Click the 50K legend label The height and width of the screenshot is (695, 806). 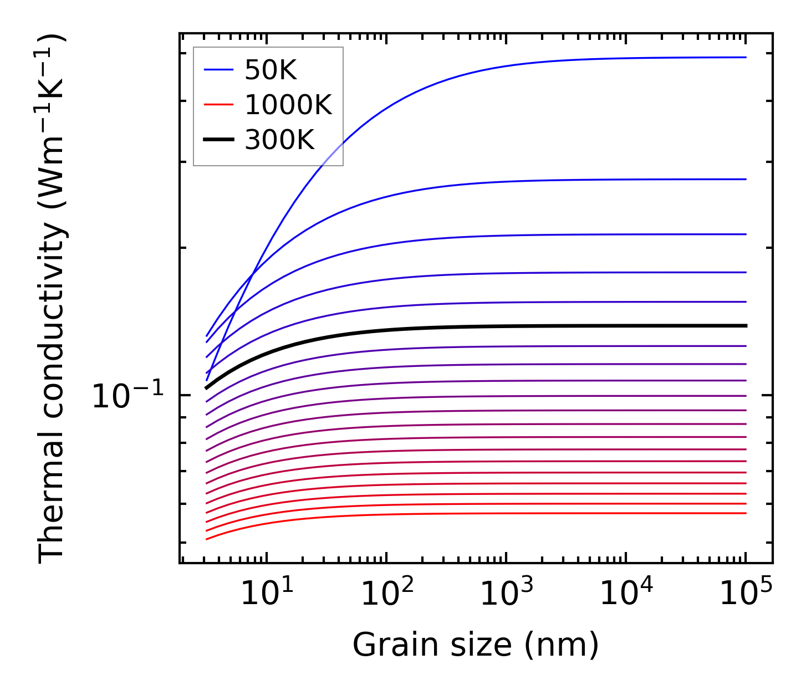click(x=271, y=70)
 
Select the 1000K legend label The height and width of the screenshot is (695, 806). click(x=288, y=105)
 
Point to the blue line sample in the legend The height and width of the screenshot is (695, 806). click(x=219, y=70)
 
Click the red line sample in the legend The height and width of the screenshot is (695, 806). click(x=219, y=105)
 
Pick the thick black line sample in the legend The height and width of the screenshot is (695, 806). click(x=219, y=140)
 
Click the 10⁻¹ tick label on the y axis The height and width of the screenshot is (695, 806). click(x=128, y=396)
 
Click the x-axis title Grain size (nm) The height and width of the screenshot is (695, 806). click(x=476, y=645)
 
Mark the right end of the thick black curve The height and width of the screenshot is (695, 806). click(x=746, y=325)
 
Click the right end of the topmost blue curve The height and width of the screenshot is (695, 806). click(x=746, y=57)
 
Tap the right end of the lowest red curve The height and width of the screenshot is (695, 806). click(x=746, y=513)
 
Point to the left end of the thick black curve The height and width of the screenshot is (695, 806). click(x=206, y=388)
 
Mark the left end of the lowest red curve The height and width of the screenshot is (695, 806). click(x=206, y=539)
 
